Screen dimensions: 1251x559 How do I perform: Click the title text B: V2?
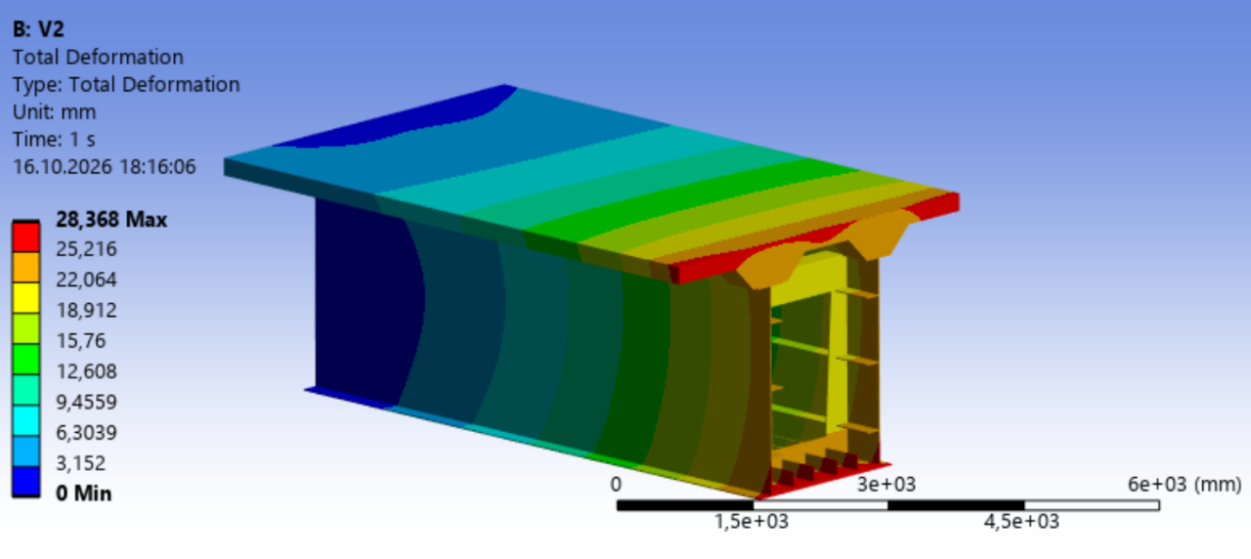pyautogui.click(x=38, y=29)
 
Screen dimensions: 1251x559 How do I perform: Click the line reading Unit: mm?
pyautogui.click(x=54, y=112)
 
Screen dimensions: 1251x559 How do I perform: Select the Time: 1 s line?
pyautogui.click(x=54, y=140)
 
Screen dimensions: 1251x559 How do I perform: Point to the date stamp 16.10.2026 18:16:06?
pyautogui.click(x=105, y=167)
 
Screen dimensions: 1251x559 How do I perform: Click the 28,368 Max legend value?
pyautogui.click(x=111, y=220)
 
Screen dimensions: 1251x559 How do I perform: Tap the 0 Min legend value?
pyautogui.click(x=84, y=494)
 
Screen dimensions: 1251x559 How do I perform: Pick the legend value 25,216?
pyautogui.click(x=87, y=249)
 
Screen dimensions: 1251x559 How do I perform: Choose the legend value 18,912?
pyautogui.click(x=87, y=311)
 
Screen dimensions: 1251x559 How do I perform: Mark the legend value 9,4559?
pyautogui.click(x=87, y=403)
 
